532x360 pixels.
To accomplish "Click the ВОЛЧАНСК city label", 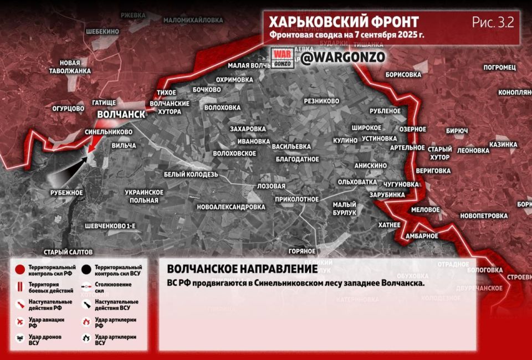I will click(121, 115).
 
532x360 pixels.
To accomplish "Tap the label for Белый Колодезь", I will click(191, 174).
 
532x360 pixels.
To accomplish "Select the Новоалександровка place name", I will click(231, 207).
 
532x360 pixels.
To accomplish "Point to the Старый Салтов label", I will click(69, 252).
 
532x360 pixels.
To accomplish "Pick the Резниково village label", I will click(321, 101).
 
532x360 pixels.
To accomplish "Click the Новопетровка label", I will click(483, 215).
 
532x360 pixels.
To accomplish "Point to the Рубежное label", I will click(66, 193).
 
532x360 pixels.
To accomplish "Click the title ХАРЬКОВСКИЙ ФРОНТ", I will click(344, 22).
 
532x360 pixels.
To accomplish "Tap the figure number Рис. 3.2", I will click(493, 22).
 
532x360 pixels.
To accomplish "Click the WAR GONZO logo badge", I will click(283, 58).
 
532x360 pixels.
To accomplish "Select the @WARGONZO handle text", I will click(343, 57).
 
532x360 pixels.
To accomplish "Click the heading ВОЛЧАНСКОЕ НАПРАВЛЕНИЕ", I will click(242, 269).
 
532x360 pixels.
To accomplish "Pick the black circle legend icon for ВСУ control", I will click(86, 270).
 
